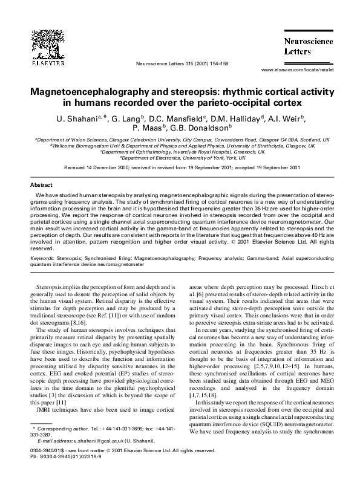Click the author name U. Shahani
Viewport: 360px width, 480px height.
pyautogui.click(x=88, y=118)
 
